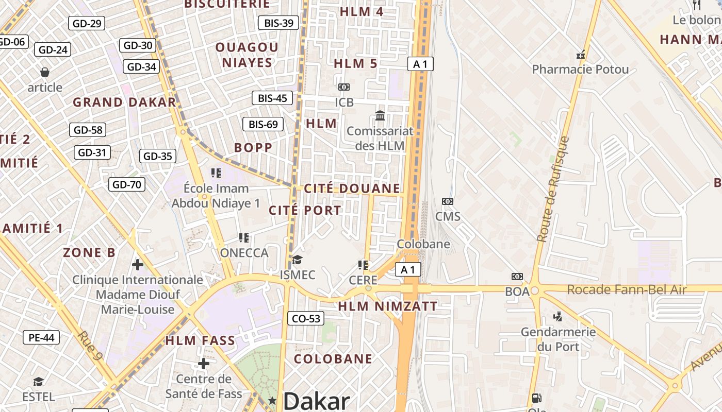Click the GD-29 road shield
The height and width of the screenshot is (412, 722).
pos(87,23)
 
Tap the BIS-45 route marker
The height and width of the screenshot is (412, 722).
pos(272,98)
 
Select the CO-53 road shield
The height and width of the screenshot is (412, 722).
pos(306,319)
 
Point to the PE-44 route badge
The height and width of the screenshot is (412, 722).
pos(41,338)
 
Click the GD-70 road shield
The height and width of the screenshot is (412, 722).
pos(127,184)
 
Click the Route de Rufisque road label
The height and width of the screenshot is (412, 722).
pos(552,190)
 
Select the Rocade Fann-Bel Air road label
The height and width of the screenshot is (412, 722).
pos(627,290)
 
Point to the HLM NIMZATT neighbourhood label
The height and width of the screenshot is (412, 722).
pos(388,306)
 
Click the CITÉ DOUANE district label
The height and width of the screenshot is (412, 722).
pos(352,188)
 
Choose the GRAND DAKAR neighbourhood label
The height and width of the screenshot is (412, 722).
pos(124,102)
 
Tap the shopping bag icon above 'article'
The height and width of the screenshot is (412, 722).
pos(45,72)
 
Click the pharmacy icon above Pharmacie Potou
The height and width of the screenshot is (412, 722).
pos(581,55)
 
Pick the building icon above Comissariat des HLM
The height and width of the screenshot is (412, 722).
pos(380,115)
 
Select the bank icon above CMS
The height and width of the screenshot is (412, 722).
pos(447,201)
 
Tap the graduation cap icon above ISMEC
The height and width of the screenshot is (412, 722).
pos(297,259)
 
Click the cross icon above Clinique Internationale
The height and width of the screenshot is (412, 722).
pos(138,265)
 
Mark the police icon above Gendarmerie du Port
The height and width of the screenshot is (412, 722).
pos(557,316)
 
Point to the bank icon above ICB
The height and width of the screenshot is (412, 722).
pos(344,87)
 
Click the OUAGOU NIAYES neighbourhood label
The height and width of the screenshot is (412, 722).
pos(247,55)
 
